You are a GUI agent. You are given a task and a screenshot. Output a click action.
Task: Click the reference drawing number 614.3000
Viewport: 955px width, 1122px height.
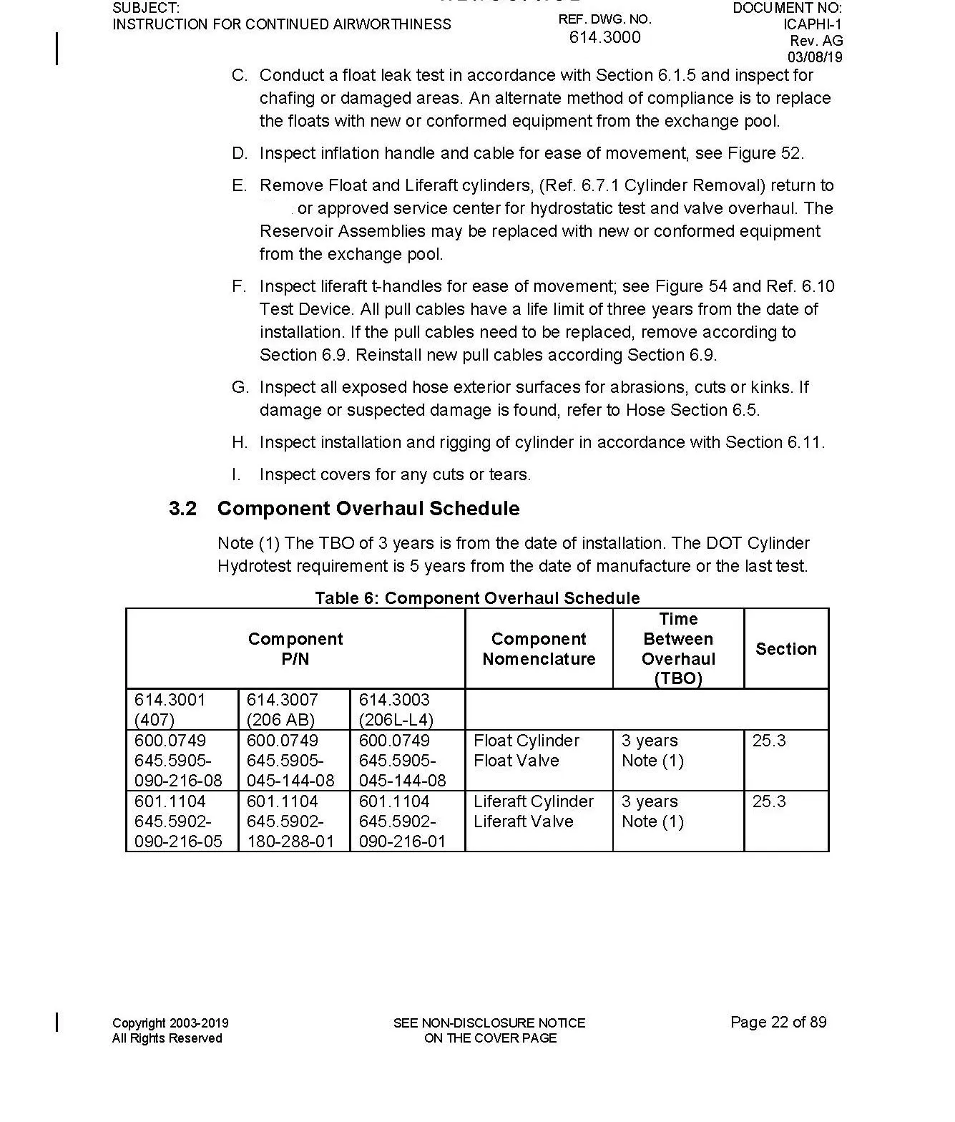coord(604,37)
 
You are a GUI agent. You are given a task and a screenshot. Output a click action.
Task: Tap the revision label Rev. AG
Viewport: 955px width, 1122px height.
coord(816,41)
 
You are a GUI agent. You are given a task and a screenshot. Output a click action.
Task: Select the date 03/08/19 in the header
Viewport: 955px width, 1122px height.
coord(815,57)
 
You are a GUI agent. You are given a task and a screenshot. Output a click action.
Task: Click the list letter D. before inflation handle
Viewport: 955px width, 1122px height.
coord(239,154)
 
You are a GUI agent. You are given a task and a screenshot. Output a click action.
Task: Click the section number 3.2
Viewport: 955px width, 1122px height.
coord(182,509)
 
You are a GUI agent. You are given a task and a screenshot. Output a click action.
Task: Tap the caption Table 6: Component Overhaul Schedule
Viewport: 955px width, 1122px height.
coord(477,598)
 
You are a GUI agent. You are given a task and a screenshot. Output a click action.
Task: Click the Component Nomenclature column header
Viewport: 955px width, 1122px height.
coord(539,649)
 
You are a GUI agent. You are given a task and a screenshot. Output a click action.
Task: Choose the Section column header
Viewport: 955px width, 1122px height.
coord(785,649)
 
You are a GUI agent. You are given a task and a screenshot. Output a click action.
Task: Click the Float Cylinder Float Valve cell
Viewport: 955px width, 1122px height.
coord(527,751)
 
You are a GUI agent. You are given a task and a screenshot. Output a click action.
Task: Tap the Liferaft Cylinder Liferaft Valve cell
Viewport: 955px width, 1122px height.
coord(533,811)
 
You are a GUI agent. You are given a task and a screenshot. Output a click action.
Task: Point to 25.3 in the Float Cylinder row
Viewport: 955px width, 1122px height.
coord(769,741)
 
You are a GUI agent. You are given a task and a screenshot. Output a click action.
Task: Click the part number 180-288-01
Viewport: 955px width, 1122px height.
coord(290,841)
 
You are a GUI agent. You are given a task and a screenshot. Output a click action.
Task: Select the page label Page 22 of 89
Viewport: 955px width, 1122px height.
coord(778,1022)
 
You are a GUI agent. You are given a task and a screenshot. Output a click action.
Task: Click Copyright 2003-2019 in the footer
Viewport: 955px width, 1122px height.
coord(170,1023)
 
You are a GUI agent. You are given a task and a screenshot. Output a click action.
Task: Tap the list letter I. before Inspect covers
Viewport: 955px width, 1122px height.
coord(236,475)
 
